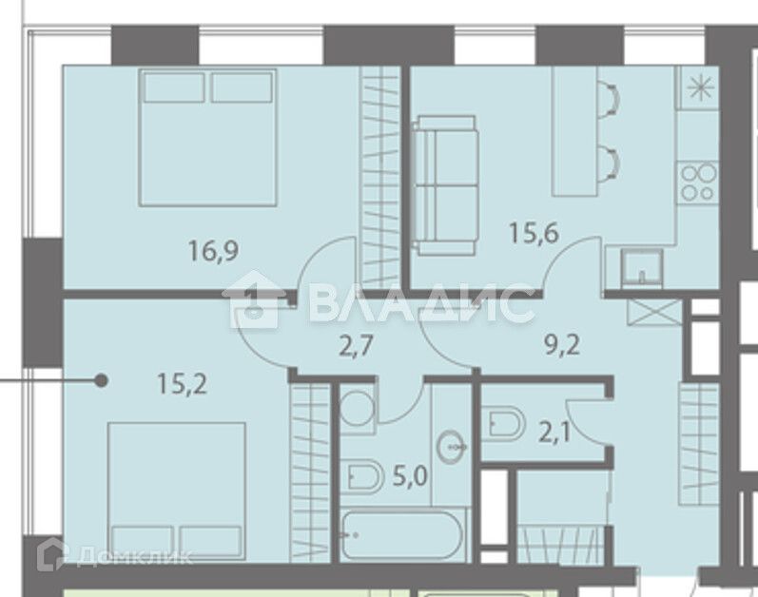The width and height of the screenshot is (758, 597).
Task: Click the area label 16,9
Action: click(213, 251)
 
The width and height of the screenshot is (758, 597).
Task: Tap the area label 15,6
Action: click(534, 233)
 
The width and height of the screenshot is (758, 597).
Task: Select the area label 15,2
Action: click(182, 384)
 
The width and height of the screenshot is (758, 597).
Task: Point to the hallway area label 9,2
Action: click(562, 345)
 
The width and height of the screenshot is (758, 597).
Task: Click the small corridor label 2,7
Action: click(356, 346)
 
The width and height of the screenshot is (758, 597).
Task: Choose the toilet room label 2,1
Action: click(554, 433)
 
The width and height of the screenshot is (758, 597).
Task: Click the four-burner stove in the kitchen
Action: click(697, 183)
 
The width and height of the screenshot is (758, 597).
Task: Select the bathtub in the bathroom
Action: click(402, 534)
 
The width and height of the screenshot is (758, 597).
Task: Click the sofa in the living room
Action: click(445, 185)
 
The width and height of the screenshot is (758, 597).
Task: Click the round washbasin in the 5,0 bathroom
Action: click(452, 447)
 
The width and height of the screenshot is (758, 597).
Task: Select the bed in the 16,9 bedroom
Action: click(208, 138)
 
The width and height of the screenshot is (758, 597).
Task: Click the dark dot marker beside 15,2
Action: click(101, 381)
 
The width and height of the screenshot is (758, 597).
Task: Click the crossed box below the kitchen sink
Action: click(654, 312)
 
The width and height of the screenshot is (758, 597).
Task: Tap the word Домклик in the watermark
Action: click(134, 556)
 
